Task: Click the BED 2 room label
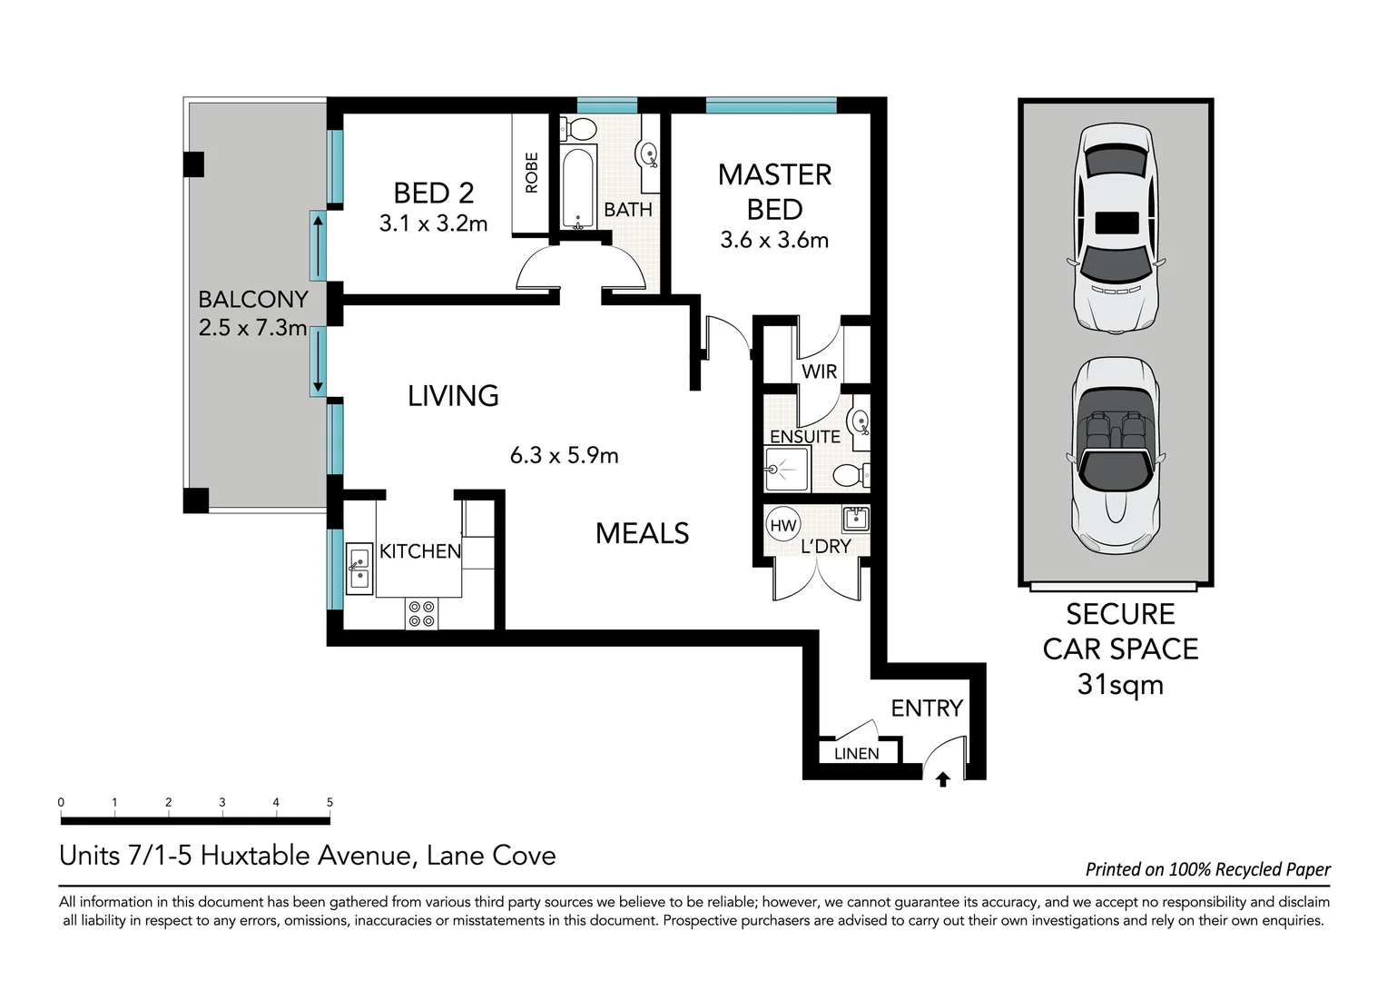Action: pyautogui.click(x=433, y=193)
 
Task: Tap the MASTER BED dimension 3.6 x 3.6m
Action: pyautogui.click(x=774, y=241)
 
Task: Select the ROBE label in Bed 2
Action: pyautogui.click(x=532, y=173)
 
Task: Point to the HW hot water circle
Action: pyautogui.click(x=782, y=526)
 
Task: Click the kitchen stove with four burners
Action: pyautogui.click(x=421, y=614)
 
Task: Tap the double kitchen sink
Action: pyautogui.click(x=359, y=568)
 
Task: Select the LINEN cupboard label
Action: pyautogui.click(x=856, y=754)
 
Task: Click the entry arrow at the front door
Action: pyautogui.click(x=942, y=779)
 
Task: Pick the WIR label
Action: pyautogui.click(x=819, y=372)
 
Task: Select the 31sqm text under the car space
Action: pyautogui.click(x=1120, y=684)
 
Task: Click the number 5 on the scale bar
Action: pyautogui.click(x=330, y=802)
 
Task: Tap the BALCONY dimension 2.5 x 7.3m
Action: pyautogui.click(x=252, y=328)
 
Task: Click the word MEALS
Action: pyautogui.click(x=642, y=533)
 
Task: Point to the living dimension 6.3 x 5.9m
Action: pyautogui.click(x=564, y=456)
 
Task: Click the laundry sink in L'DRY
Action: pyautogui.click(x=854, y=520)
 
